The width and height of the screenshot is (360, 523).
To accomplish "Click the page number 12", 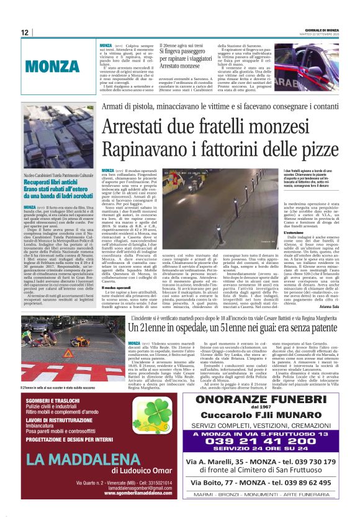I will (25, 32).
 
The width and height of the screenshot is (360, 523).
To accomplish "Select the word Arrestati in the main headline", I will (130, 126).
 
